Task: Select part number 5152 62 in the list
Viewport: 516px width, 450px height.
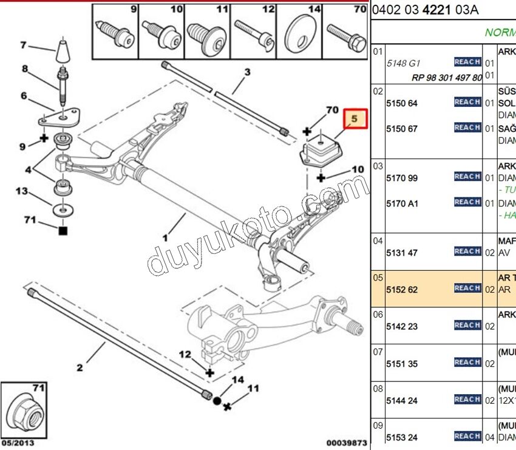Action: coord(402,290)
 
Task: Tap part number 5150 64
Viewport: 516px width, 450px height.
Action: coord(402,104)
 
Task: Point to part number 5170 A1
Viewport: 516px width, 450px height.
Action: coord(402,203)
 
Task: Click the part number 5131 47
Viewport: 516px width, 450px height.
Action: coord(402,253)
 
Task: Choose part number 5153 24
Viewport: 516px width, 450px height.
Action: coord(402,437)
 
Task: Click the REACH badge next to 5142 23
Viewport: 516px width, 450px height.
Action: coord(467,326)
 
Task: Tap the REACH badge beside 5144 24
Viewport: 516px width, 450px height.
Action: coord(467,400)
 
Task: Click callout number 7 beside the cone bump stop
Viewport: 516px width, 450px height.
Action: coord(24,44)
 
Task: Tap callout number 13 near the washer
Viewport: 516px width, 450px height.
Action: coord(22,191)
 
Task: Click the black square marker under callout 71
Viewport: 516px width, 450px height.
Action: coord(63,231)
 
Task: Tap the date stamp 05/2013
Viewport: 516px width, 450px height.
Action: coord(16,443)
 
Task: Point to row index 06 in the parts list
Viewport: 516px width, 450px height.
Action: coord(378,315)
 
